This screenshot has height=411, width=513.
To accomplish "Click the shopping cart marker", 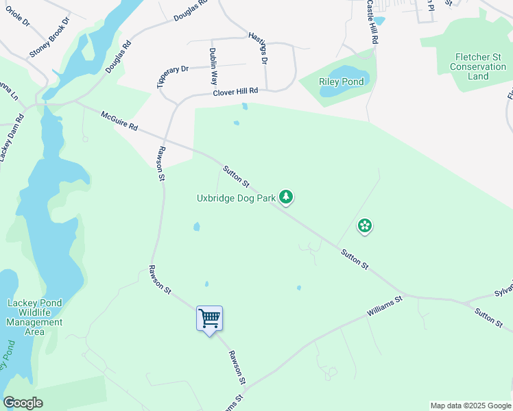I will click(209, 318).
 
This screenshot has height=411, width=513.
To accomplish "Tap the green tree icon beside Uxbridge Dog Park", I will click(286, 198).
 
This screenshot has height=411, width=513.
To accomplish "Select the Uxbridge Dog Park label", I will click(236, 199).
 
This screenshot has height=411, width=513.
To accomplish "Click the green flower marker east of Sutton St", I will click(365, 225).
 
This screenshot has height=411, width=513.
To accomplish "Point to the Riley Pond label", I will click(341, 82).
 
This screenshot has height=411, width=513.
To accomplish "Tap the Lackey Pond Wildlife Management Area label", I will click(34, 317).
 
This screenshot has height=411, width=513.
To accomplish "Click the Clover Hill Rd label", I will click(235, 91).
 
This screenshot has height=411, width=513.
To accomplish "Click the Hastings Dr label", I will click(257, 48).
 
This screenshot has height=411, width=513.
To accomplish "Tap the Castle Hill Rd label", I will click(371, 22).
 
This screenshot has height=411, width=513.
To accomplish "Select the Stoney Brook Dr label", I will click(50, 38).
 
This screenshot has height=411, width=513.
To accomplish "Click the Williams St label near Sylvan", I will click(384, 306).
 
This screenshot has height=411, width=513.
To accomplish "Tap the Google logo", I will click(23, 403).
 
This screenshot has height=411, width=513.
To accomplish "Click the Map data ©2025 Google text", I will click(470, 406).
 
